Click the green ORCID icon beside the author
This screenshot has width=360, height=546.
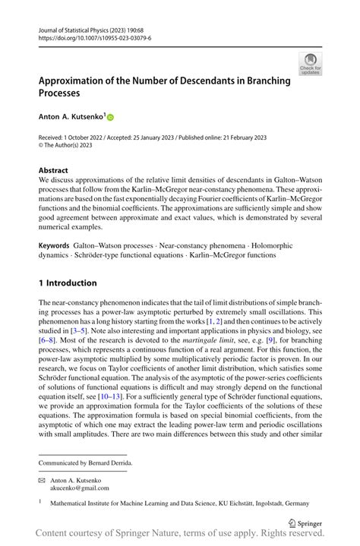[109, 118]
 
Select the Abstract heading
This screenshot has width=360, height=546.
[53, 170]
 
